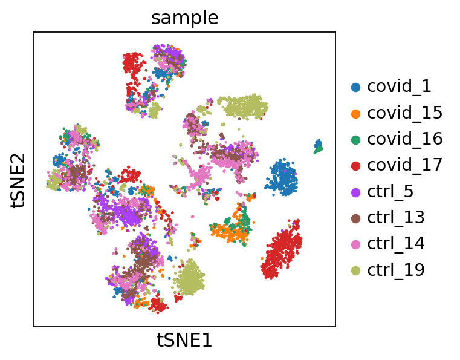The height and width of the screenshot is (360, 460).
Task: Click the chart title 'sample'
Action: [184, 18]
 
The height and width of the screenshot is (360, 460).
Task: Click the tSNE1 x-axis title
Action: [184, 340]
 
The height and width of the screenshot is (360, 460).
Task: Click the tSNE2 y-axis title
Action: [18, 179]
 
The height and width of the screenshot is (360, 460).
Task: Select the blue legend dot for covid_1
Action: [355, 87]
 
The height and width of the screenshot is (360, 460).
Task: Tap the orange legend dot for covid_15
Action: [355, 113]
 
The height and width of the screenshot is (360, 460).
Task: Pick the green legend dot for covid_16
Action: [355, 139]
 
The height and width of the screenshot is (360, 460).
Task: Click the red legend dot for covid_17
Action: [355, 165]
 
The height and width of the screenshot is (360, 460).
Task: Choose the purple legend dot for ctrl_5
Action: [355, 192]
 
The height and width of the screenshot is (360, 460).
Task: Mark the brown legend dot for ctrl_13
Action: [355, 218]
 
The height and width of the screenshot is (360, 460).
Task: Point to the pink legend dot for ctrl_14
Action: [355, 244]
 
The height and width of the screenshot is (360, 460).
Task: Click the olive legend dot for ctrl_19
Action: [355, 270]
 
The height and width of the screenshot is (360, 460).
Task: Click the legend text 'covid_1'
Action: [400, 87]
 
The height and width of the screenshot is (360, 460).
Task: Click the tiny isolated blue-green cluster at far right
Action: [318, 146]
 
